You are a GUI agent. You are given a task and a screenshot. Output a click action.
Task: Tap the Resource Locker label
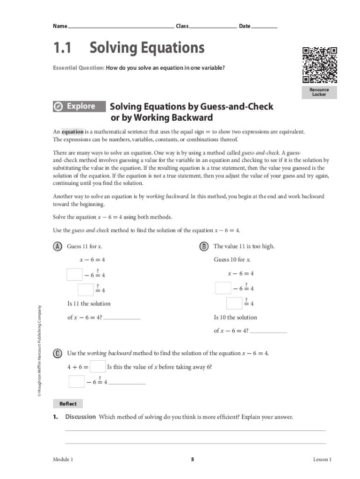[320, 92]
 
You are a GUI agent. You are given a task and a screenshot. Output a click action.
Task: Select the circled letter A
[58, 247]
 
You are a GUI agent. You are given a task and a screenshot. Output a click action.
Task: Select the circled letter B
[204, 247]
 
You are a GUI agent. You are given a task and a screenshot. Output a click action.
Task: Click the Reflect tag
[68, 404]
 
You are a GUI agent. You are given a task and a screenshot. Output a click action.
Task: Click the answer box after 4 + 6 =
[97, 366]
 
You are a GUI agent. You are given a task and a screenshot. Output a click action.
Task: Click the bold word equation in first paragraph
[72, 132]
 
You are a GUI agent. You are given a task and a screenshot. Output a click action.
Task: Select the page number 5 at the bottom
[192, 460]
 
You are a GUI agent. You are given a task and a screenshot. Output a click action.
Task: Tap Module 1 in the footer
[63, 460]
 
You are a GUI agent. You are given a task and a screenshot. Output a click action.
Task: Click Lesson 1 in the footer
[322, 460]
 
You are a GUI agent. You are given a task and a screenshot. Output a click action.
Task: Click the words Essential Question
[79, 68]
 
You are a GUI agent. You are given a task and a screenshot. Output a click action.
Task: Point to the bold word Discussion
[80, 417]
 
